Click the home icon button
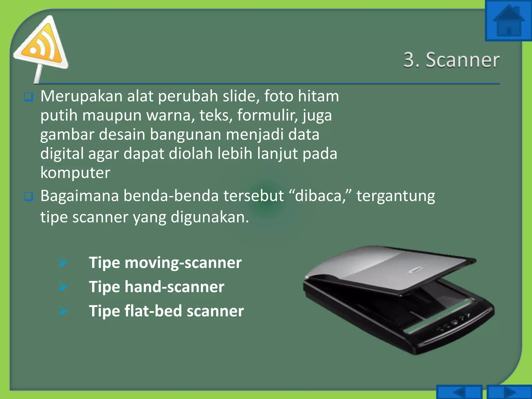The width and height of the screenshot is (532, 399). [x=508, y=21]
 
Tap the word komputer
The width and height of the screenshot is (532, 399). [x=75, y=173]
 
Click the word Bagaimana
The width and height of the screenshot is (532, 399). [x=79, y=196]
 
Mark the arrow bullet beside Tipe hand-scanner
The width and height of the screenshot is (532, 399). [x=63, y=287]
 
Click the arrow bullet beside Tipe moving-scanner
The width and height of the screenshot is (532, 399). [x=63, y=262]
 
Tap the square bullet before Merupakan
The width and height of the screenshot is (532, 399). [x=28, y=97]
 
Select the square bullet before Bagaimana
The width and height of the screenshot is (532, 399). [x=28, y=196]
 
